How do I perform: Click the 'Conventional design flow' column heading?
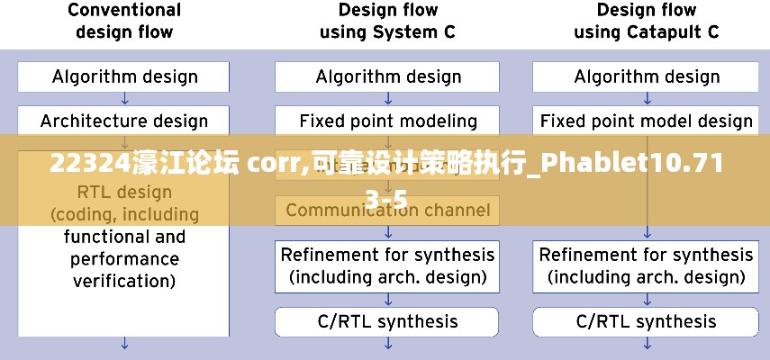[x=124, y=21]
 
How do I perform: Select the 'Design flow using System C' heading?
[x=388, y=21]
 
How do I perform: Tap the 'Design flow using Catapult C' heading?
[x=647, y=21]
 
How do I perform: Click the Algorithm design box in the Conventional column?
[x=124, y=76]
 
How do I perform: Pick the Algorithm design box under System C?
[x=388, y=76]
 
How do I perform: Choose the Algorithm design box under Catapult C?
[x=647, y=76]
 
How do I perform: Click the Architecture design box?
[x=124, y=121]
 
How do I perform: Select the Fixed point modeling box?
[x=388, y=121]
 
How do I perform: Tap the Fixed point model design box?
[x=647, y=121]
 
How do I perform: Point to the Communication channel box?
[x=388, y=211]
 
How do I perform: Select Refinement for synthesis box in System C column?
[x=388, y=265]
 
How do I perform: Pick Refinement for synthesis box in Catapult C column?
[x=647, y=265]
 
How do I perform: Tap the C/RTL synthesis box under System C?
[x=388, y=321]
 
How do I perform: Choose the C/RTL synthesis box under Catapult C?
[x=647, y=321]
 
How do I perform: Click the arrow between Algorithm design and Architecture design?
[x=124, y=98]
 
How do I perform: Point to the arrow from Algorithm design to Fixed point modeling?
[x=388, y=98]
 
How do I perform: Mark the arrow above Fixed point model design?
[x=647, y=98]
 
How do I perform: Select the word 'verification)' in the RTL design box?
[x=124, y=281]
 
